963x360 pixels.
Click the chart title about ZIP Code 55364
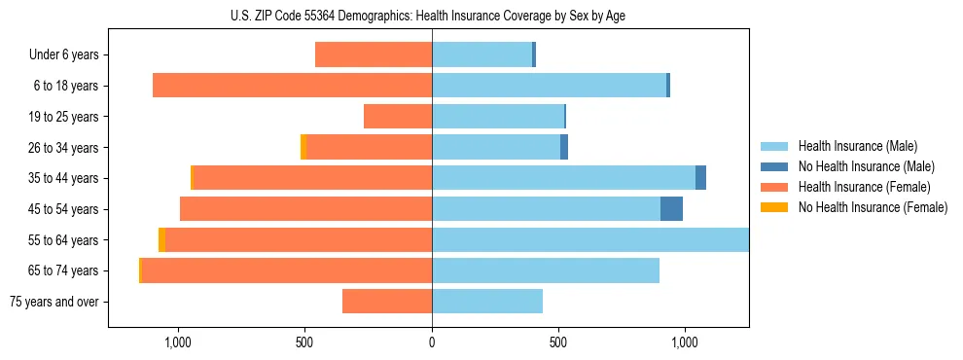coord(431,16)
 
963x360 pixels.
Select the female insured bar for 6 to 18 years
coord(292,86)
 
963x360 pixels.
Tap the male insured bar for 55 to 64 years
coord(590,239)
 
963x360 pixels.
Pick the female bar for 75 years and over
coord(387,302)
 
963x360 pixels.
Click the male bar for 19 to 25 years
coord(498,117)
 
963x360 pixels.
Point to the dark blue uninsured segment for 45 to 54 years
coord(671,209)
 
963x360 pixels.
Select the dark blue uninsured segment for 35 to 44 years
coord(700,178)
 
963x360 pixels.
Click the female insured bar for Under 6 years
coord(374,54)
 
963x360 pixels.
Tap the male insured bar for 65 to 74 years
coord(546,270)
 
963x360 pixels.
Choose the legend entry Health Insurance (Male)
coord(857,146)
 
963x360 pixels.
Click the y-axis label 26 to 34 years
coord(64,148)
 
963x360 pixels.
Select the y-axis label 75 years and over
coord(54,302)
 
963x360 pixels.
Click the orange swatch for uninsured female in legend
coord(774,207)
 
